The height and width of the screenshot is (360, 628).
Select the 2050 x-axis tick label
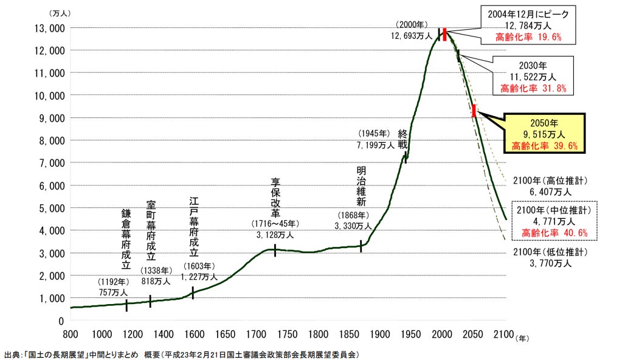474,333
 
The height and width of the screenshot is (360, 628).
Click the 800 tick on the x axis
71,333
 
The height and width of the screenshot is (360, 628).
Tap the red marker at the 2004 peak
444,34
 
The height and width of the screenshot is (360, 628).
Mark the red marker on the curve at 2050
474,111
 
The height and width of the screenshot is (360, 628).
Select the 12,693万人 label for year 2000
412,36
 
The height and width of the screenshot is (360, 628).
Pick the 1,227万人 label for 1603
199,276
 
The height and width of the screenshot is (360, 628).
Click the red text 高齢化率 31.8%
533,88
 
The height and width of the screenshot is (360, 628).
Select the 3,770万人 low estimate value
550,263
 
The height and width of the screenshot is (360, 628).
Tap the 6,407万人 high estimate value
550,192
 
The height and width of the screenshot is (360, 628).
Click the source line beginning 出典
181,354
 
